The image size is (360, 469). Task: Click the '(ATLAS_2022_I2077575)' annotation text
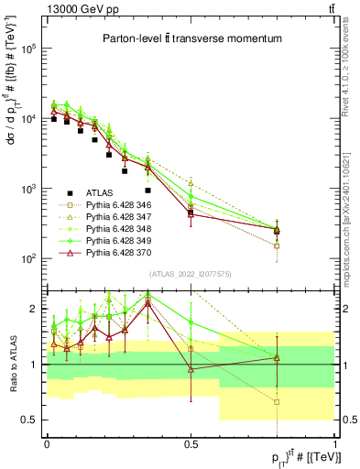191,274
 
